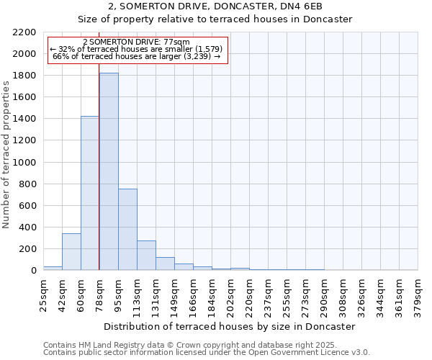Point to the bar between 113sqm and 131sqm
coord(146,255)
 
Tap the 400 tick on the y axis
coord(27,228)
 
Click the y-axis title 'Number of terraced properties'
coord(6,155)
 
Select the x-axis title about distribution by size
coord(230,326)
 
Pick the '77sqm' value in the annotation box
coord(176,42)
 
